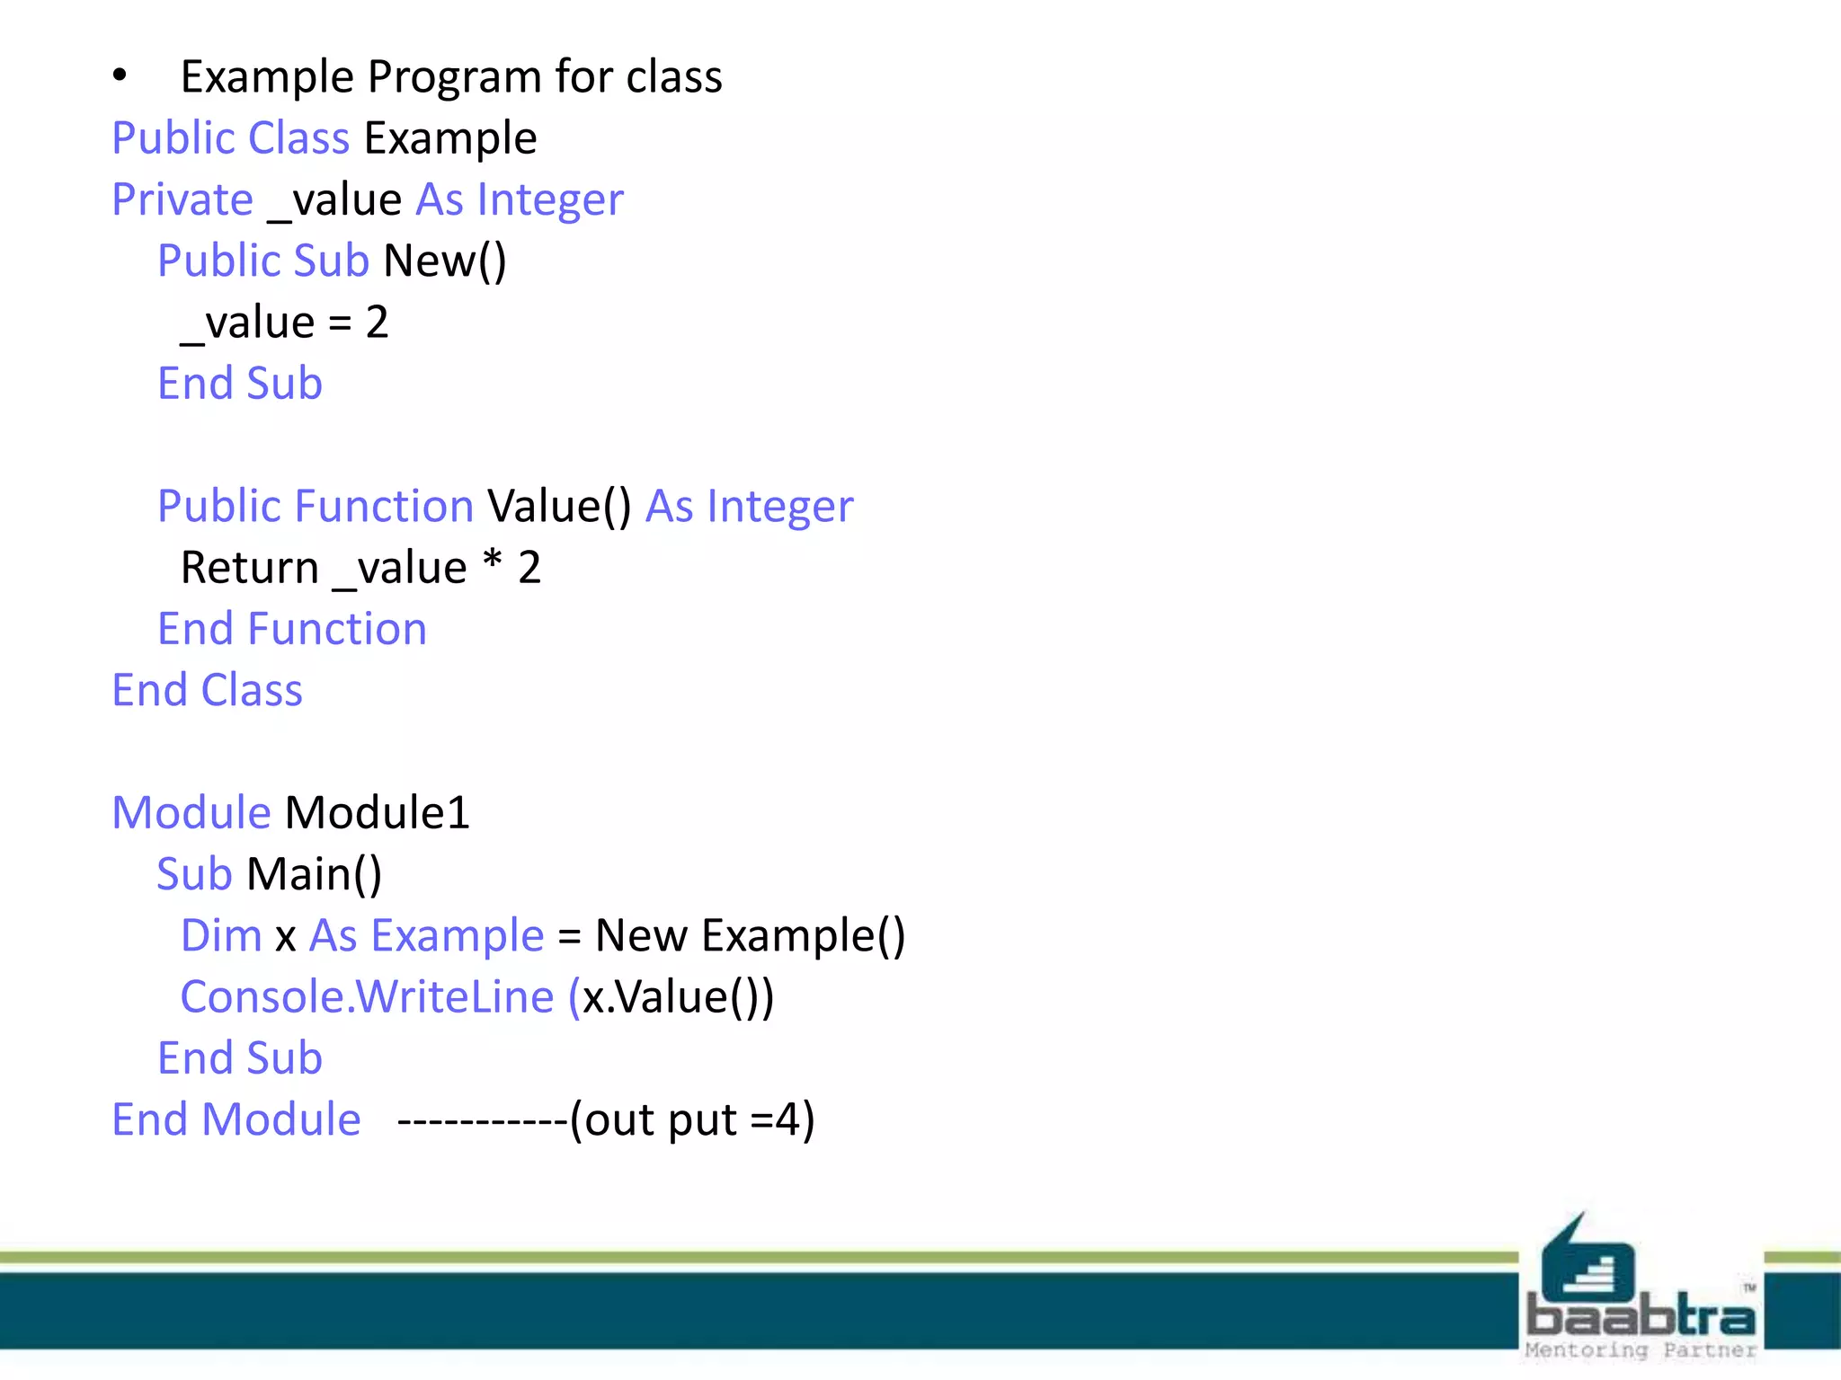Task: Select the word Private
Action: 182,199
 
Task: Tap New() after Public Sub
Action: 445,261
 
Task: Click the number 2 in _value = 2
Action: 377,323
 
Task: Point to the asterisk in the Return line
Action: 492,563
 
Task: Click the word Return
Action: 250,568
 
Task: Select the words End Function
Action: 292,629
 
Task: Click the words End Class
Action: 208,690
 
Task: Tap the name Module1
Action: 378,813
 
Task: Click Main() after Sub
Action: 315,874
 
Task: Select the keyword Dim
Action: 221,936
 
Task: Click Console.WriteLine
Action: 367,997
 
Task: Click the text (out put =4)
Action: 692,1120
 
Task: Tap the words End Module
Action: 236,1120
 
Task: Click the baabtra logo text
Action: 1641,1316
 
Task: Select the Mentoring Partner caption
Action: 1641,1350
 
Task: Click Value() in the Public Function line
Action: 559,507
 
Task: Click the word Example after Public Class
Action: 450,139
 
